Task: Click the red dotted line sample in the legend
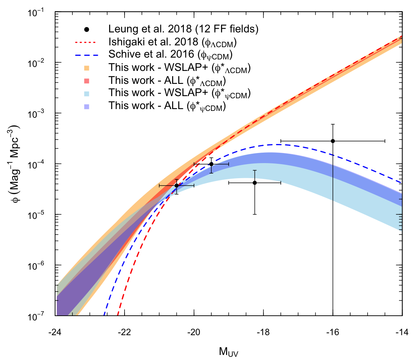[x=85, y=42]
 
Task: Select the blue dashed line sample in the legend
[x=86, y=55]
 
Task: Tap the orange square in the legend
[x=86, y=68]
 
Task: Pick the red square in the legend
[x=86, y=81]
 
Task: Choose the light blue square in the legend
[x=86, y=94]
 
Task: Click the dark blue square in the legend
[x=86, y=107]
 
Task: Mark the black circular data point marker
[x=176, y=185]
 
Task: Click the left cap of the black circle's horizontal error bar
[x=159, y=185]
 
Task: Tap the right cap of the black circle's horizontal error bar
[x=194, y=185]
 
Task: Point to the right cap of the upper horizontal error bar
[x=228, y=164]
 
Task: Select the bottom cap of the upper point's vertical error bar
[x=211, y=173]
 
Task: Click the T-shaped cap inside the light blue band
[x=255, y=171]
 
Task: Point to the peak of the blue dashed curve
[x=276, y=144]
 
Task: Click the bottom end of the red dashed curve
[x=117, y=315]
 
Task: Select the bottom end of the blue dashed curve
[x=104, y=315]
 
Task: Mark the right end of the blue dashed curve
[x=401, y=183]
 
